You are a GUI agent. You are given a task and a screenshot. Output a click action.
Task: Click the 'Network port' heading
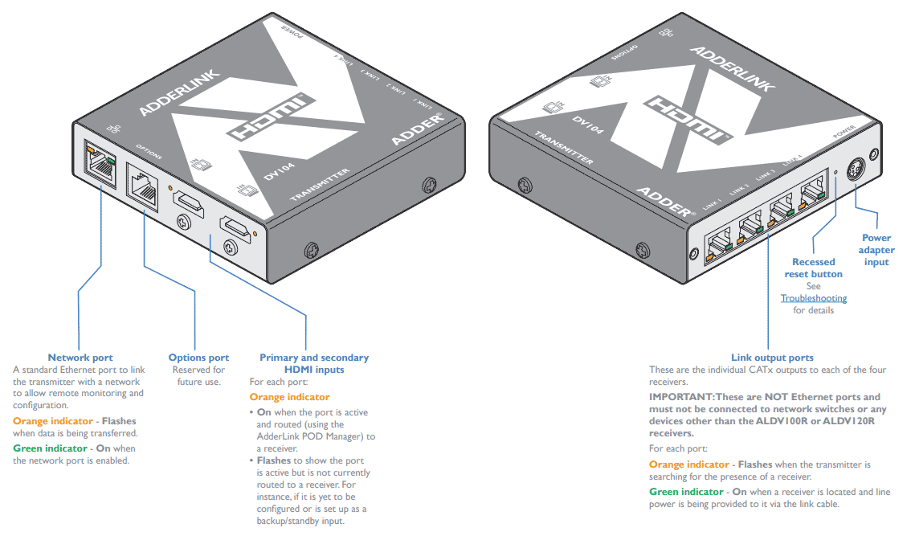(80, 358)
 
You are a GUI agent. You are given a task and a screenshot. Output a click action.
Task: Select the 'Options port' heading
(198, 358)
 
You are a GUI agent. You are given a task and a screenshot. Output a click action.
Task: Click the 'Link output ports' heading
(772, 358)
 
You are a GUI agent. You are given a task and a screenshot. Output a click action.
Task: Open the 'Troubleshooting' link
(814, 298)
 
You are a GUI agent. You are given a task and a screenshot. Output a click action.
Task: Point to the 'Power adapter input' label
(876, 250)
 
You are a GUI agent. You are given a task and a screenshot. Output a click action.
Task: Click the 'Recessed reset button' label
(814, 268)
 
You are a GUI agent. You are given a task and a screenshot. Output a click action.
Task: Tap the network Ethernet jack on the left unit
(100, 166)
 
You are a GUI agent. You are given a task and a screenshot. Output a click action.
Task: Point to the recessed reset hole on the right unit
(836, 172)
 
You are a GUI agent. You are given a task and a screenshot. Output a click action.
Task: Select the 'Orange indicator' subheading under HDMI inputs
(289, 397)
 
